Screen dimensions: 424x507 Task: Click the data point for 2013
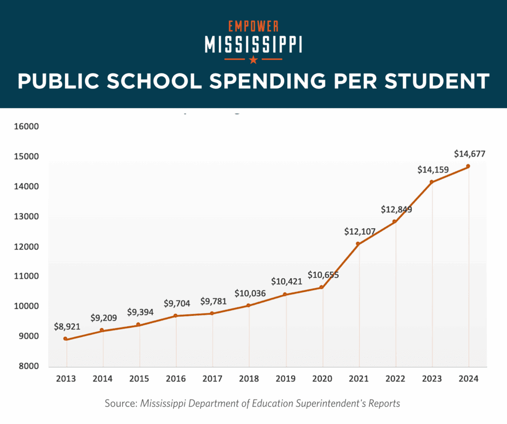pyautogui.click(x=65, y=339)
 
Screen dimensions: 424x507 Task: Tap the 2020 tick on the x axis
pyautogui.click(x=322, y=379)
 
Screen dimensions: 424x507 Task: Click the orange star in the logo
pyautogui.click(x=253, y=60)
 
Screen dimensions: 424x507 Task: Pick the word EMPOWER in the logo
pyautogui.click(x=253, y=26)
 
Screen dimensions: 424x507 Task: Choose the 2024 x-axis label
pyautogui.click(x=469, y=379)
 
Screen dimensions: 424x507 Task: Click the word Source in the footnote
pyautogui.click(x=120, y=404)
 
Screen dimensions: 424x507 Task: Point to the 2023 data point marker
pyautogui.click(x=432, y=182)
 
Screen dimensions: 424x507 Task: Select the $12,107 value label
pyautogui.click(x=359, y=231)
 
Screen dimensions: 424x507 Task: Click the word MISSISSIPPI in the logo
pyautogui.click(x=253, y=44)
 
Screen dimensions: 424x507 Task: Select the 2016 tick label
pyautogui.click(x=176, y=379)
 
